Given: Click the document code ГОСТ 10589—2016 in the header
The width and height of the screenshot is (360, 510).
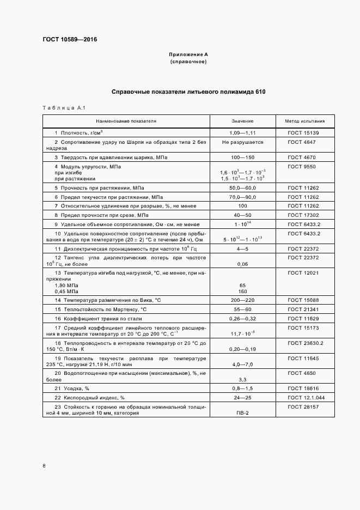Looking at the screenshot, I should tap(66, 40).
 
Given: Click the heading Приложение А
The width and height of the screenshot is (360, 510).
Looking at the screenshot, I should tap(188, 55).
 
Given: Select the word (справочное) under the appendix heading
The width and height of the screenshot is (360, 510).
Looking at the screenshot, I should tap(188, 62).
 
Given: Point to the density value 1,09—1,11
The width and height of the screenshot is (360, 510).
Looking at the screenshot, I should tap(242, 133).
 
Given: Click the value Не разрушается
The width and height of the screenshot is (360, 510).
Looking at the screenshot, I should tap(242, 142).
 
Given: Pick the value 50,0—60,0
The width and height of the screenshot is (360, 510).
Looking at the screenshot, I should tap(242, 187).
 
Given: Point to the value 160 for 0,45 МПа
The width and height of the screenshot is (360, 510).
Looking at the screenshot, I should tap(242, 291).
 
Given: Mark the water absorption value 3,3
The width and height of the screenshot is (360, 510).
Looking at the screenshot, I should tap(242, 379).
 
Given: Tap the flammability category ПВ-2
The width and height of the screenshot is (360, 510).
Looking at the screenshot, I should tap(242, 413).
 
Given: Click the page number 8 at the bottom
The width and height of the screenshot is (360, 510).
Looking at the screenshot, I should tap(44, 466).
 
